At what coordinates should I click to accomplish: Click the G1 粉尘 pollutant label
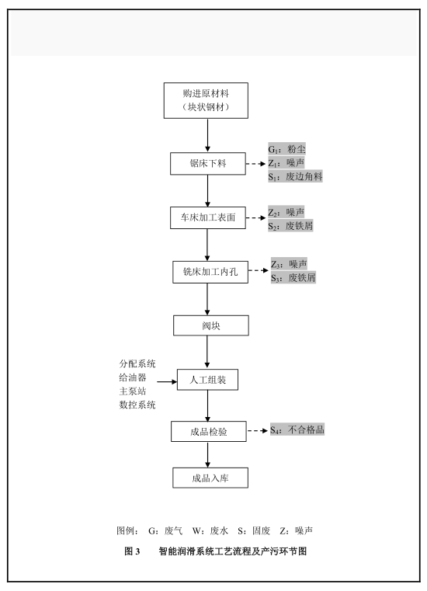tap(286, 149)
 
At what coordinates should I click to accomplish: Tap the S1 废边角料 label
tap(296, 176)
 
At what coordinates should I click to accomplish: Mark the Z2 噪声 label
tap(286, 212)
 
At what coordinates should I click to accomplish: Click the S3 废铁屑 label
tap(293, 278)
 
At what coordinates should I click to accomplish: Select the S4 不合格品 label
tap(297, 429)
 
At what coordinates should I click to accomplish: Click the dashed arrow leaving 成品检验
tap(258, 430)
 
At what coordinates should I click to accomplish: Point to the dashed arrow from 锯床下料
tap(256, 164)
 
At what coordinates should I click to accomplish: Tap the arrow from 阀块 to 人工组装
tap(207, 352)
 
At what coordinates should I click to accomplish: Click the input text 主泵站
tap(133, 391)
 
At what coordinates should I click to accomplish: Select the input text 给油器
tap(133, 377)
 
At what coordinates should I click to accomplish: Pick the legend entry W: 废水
tap(210, 530)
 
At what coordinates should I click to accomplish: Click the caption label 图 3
tap(132, 551)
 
